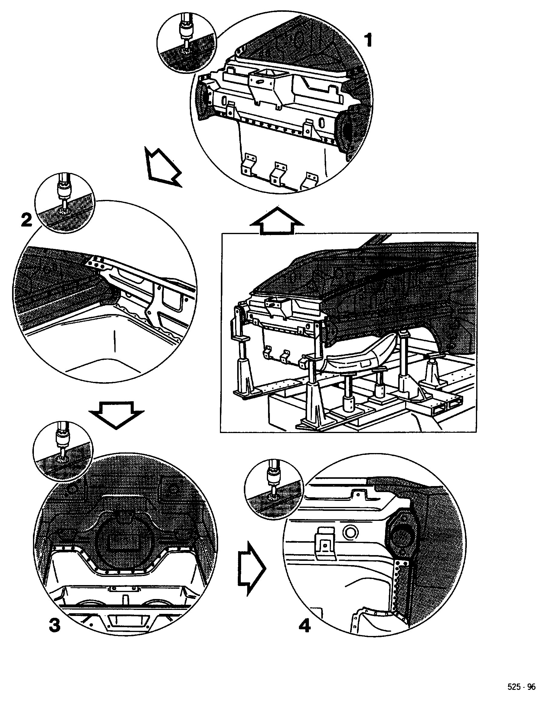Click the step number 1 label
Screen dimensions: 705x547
coord(368,41)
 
